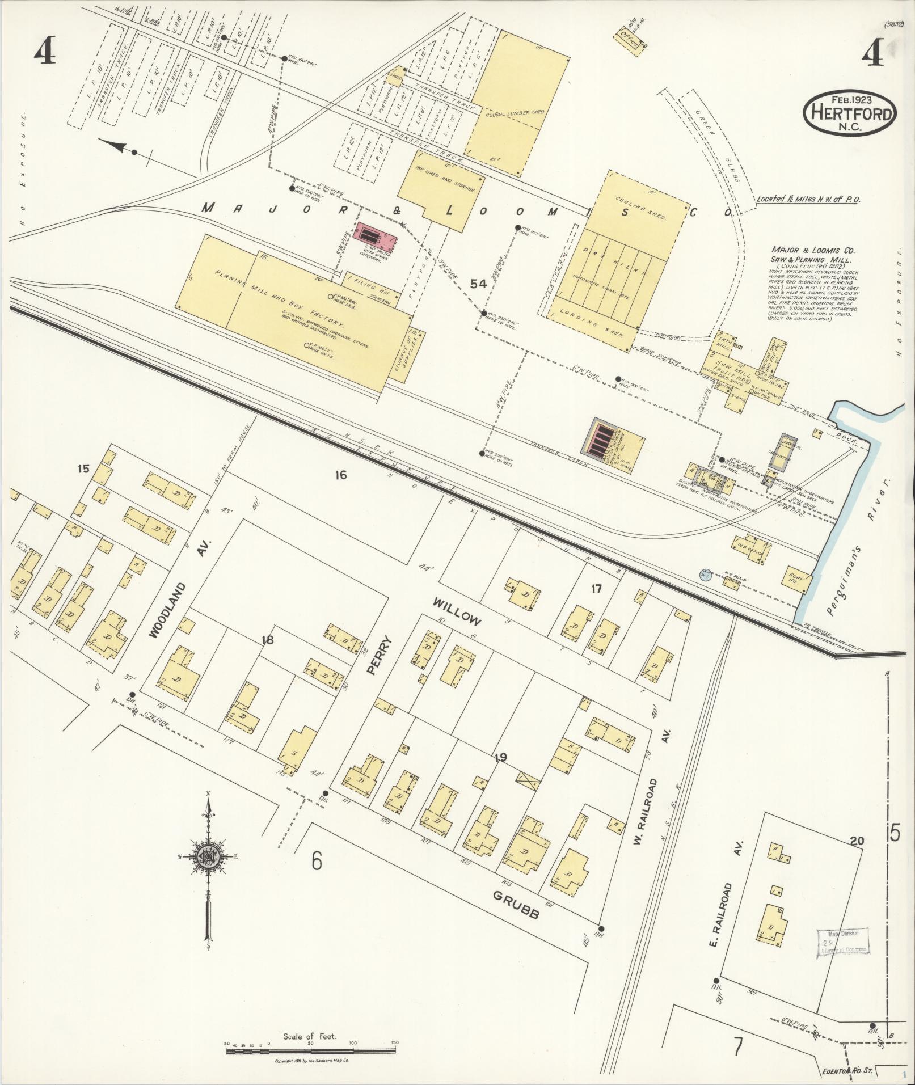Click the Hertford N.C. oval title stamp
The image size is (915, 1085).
[x=850, y=113]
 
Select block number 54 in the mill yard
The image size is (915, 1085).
[x=479, y=284]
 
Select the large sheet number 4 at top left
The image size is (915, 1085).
[x=44, y=53]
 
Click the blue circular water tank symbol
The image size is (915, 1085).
[x=705, y=575]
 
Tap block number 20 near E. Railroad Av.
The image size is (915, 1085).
[x=857, y=841]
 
